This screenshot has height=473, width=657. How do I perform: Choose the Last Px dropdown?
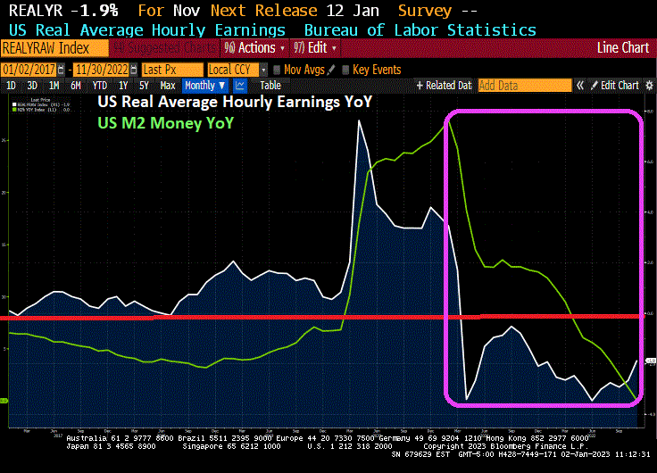(x=170, y=69)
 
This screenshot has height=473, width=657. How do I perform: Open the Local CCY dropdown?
(x=237, y=69)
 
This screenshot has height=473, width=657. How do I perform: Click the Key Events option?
(x=376, y=69)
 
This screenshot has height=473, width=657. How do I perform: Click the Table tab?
(x=270, y=86)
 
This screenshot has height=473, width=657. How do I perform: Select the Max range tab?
(x=168, y=86)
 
